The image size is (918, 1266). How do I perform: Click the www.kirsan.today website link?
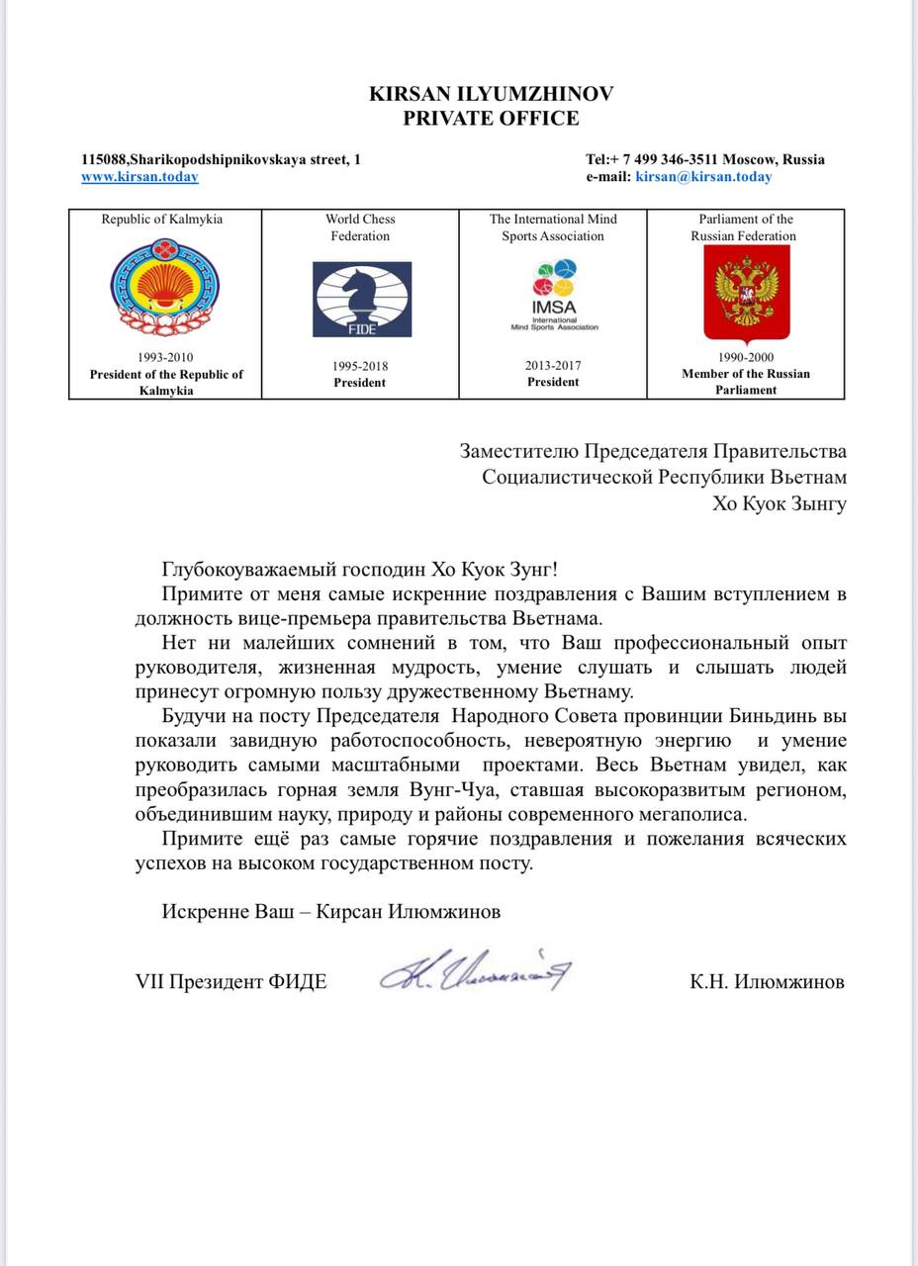pos(139,177)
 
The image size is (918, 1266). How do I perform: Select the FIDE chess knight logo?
pos(362,299)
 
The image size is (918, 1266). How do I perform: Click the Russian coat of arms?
pos(746,294)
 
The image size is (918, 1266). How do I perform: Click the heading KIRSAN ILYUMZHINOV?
pos(491,94)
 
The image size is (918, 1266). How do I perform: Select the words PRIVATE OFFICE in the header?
pos(491,119)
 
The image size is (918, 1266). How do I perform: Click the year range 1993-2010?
pos(166,358)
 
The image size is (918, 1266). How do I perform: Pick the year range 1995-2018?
pos(360,366)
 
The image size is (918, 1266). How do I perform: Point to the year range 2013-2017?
pos(553,365)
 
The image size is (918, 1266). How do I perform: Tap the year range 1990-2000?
pos(746,358)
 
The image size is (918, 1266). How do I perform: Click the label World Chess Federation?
pos(360,227)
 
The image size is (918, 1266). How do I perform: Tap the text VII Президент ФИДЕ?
pos(230,982)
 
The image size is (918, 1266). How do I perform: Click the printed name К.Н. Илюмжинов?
pos(768,982)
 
